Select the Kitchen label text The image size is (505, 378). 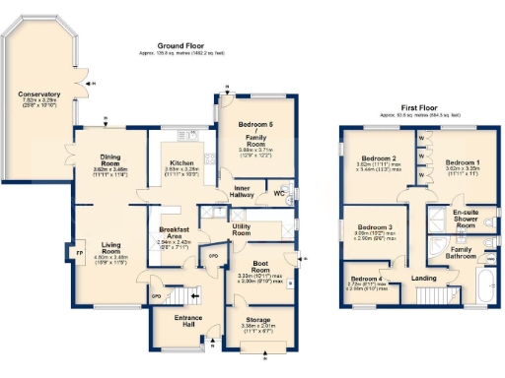(181, 162)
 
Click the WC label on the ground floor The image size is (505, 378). (279, 194)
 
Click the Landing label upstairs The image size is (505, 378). (424, 279)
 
